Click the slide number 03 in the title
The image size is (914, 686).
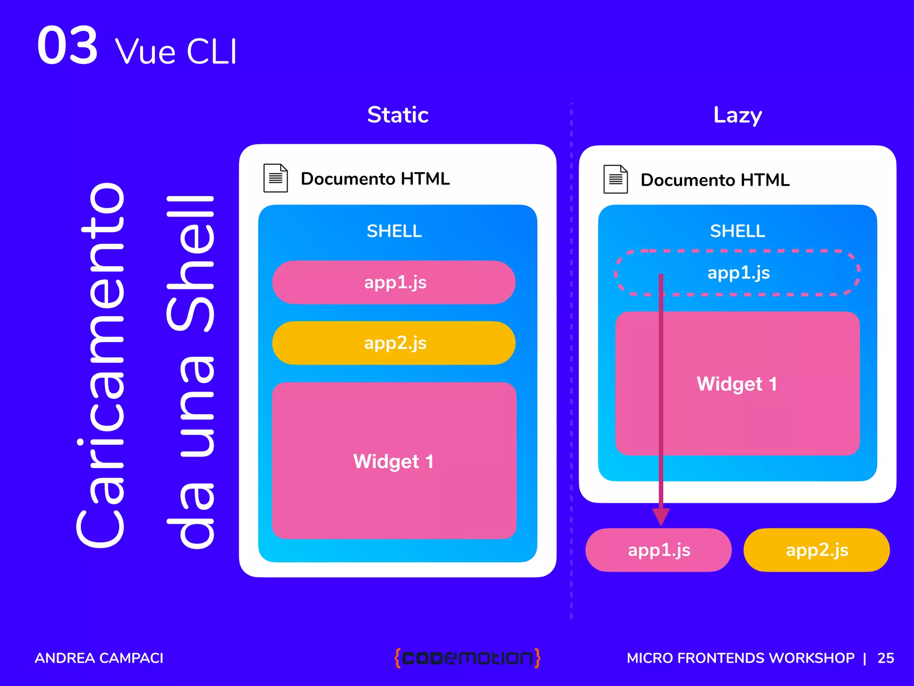[x=67, y=45]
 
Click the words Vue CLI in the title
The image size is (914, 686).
[x=176, y=52]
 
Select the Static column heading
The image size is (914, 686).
[x=398, y=115]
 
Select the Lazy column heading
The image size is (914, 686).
[x=737, y=115]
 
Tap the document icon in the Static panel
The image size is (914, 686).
[x=275, y=178]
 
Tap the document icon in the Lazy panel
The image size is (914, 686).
[x=615, y=179]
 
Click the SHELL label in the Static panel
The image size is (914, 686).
[x=394, y=231]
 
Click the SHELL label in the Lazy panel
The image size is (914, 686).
[x=737, y=231]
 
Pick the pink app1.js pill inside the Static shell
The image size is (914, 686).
[x=394, y=282]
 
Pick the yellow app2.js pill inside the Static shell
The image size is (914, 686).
[x=394, y=343]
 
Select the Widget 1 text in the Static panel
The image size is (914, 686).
[x=393, y=461]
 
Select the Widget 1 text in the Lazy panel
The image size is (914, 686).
[x=737, y=384]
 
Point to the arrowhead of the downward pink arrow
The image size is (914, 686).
[x=661, y=517]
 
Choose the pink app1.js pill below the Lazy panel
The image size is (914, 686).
[x=659, y=550]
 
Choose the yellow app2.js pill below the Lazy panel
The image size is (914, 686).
[x=817, y=550]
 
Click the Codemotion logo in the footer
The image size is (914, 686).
[x=467, y=658]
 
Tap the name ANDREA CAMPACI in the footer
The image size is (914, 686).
[x=99, y=658]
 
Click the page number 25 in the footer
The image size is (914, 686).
[x=885, y=658]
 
